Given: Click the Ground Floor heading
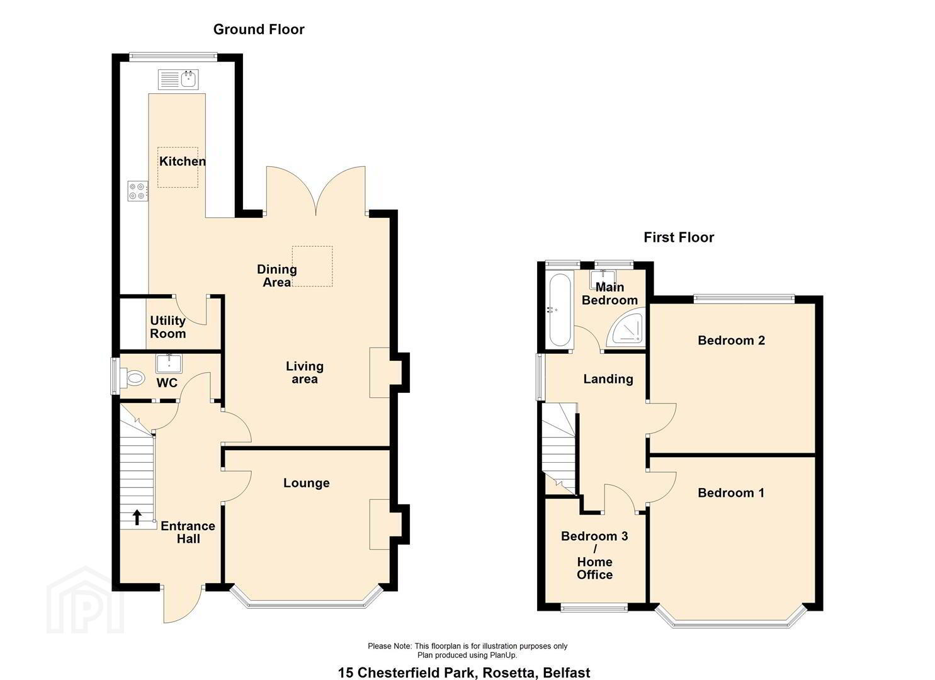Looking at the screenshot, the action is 259,30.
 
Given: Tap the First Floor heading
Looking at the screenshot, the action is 679,237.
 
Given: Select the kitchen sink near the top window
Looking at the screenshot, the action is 179,79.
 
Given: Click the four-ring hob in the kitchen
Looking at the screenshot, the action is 138,191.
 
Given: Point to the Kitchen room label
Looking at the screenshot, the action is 183,161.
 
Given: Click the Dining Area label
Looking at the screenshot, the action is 277,276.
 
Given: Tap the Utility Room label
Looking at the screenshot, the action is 168,327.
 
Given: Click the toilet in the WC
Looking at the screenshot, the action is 132,378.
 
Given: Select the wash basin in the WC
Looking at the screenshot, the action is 169,363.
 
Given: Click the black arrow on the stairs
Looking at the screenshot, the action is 137,518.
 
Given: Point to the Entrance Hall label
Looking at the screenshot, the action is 188,532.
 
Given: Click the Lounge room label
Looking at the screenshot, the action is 307,483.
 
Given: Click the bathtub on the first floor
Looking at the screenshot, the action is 560,310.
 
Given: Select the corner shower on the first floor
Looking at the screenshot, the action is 626,327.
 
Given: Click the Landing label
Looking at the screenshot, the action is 608,379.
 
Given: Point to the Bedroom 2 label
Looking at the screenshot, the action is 731,340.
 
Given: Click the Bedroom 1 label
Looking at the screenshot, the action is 731,493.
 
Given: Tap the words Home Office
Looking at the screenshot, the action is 595,568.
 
